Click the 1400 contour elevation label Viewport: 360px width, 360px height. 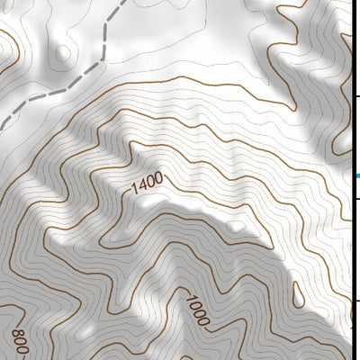[x=148, y=183]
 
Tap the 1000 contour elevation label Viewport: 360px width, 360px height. [x=198, y=310]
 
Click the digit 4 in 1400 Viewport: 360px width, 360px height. [x=142, y=185]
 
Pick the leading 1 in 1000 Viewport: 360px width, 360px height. [x=190, y=298]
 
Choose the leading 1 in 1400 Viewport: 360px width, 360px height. [x=136, y=189]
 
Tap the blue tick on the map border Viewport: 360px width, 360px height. [x=356, y=176]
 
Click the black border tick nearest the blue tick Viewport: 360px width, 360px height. [x=356, y=198]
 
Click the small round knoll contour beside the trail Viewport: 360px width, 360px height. [x=62, y=53]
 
